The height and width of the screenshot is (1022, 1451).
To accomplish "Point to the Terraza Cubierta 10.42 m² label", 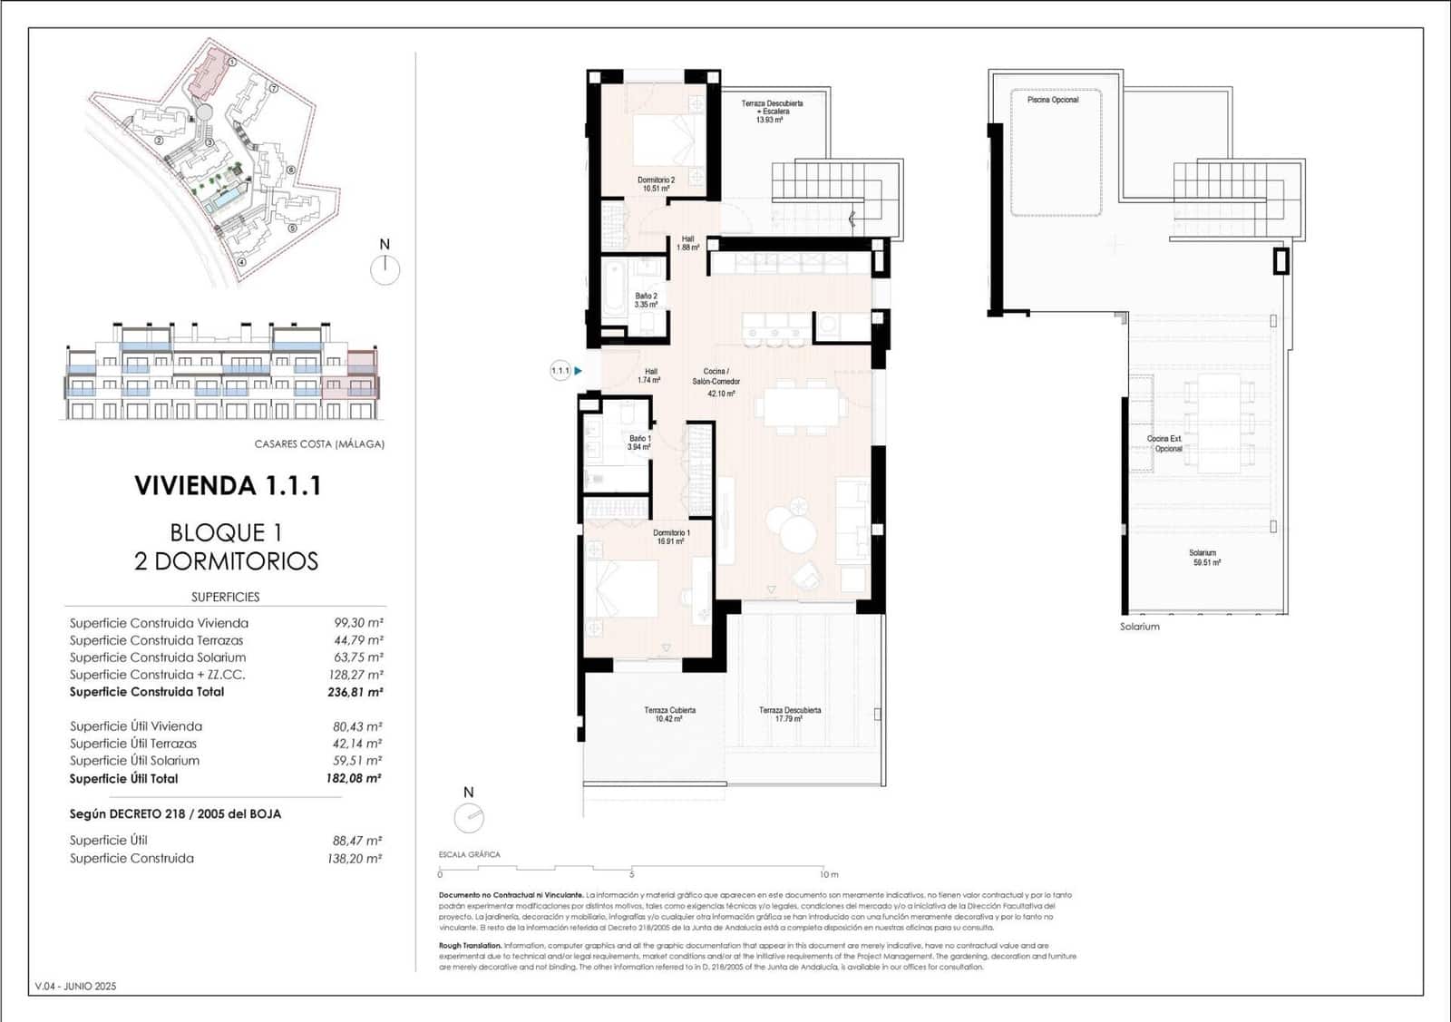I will (669, 715).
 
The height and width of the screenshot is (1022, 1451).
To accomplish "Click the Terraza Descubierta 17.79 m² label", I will (789, 715).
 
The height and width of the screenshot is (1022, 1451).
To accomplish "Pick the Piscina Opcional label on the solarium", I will (1052, 100).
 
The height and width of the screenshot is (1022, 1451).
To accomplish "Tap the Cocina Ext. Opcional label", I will (1164, 443).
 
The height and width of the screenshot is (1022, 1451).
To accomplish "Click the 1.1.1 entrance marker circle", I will (560, 370).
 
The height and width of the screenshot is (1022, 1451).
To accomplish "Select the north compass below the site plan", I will (385, 269).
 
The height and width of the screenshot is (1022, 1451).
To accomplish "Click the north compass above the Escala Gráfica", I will (469, 818).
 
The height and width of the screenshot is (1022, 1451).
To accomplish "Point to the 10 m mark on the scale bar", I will (828, 874).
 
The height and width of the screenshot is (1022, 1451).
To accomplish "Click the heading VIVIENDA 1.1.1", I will (228, 486).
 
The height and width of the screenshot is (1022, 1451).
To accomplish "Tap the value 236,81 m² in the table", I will (355, 692).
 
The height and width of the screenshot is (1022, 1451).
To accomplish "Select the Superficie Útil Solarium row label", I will (134, 761).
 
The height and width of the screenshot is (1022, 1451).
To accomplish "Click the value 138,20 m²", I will (355, 858).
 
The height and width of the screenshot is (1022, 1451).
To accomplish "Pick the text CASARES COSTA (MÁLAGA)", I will (319, 444).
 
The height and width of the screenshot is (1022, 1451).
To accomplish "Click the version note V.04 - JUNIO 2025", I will (75, 986).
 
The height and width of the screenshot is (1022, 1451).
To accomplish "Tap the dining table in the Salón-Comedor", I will (803, 406).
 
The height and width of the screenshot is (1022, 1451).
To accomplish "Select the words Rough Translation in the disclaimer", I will (470, 945).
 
